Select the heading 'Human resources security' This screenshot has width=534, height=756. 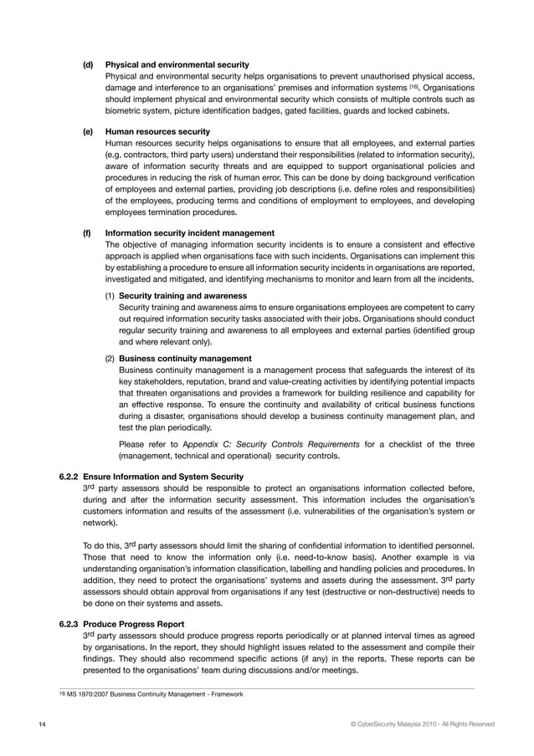157,131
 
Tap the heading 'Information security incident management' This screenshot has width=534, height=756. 190,232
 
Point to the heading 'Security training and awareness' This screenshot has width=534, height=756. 182,296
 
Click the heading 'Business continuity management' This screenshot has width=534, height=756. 185,359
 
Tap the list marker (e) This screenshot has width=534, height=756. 87,131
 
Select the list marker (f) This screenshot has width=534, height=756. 86,232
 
